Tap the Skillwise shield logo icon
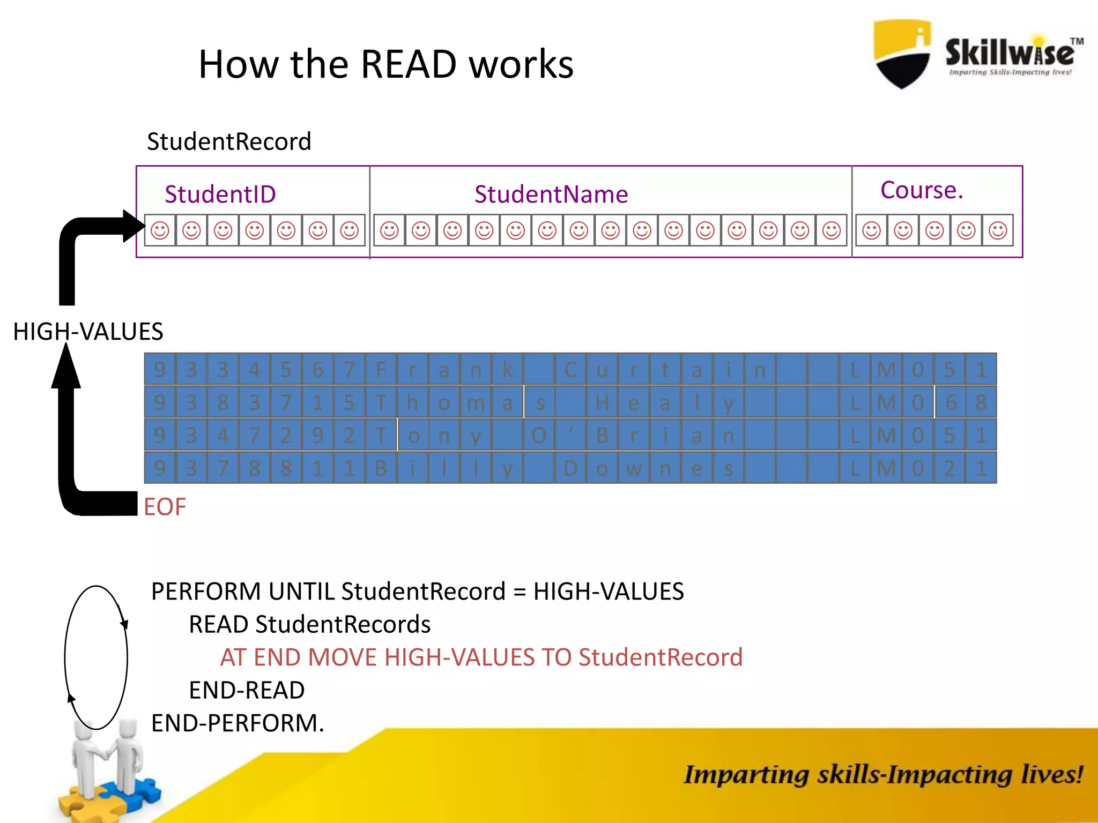coord(902,54)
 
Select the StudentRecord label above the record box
coord(229,142)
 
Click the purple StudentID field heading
coord(220,194)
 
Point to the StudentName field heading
coord(551,194)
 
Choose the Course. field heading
coord(922,190)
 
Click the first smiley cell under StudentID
coord(160,230)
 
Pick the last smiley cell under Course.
coord(998,230)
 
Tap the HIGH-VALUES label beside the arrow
coord(88,332)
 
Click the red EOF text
coord(165,507)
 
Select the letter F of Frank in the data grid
coord(381,370)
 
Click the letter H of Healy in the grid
coord(602,402)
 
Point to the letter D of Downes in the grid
coord(570,468)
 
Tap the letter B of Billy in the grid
coord(381,468)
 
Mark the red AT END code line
coord(481,657)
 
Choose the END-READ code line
coord(247,690)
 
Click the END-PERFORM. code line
coord(238,723)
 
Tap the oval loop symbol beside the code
coord(96,657)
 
